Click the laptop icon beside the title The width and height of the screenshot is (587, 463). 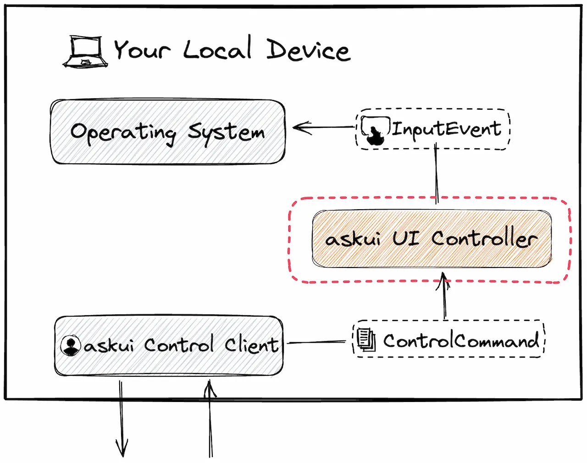click(85, 51)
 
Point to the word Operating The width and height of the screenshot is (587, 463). click(123, 133)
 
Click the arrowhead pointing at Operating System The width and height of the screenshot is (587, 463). click(302, 128)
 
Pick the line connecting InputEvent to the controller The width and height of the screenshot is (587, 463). click(437, 173)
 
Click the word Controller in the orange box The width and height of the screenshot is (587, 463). click(484, 238)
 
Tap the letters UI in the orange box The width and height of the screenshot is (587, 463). click(406, 238)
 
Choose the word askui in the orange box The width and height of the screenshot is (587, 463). click(353, 239)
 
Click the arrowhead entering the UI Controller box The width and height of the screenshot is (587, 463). click(443, 281)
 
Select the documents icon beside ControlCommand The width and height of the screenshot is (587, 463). click(366, 340)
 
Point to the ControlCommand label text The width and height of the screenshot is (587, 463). click(461, 340)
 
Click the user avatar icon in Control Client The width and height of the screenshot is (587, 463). click(71, 346)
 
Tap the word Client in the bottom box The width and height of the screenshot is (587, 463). click(251, 345)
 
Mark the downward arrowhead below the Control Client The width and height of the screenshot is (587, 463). click(122, 448)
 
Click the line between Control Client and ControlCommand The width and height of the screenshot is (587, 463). click(316, 342)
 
